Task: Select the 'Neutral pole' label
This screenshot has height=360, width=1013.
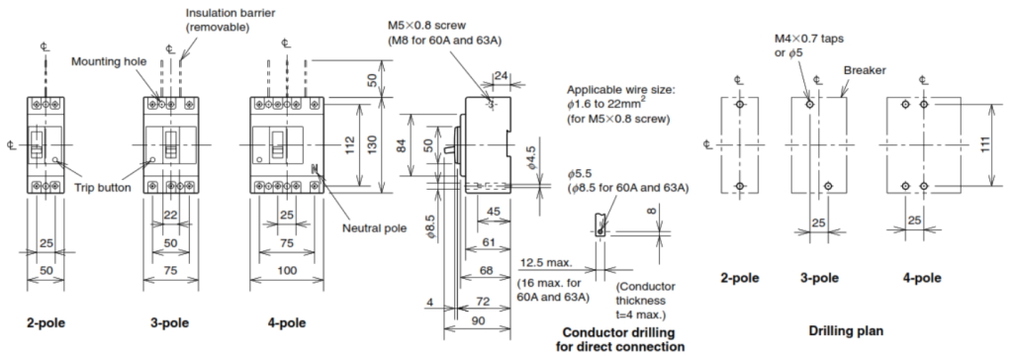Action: pyautogui.click(x=374, y=228)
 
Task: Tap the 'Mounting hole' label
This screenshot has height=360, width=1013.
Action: pyautogui.click(x=109, y=62)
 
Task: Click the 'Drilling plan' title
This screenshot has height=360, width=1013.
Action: pyautogui.click(x=846, y=331)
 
